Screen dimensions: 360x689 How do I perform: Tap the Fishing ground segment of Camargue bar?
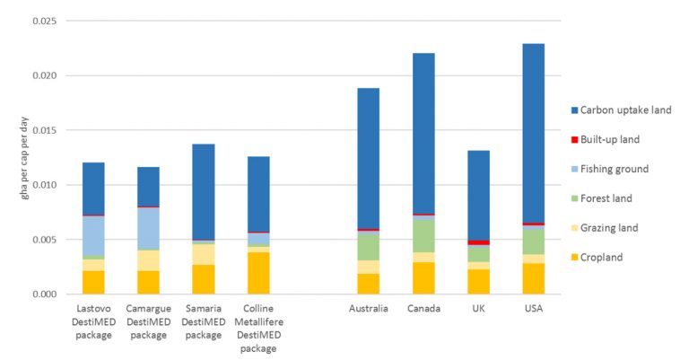tap(143, 228)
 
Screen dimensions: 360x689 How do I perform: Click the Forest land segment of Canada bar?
tap(423, 236)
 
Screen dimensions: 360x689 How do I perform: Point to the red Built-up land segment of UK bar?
tap(478, 242)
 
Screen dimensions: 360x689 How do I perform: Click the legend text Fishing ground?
tap(615, 169)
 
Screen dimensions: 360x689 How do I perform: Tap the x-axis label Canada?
tap(423, 310)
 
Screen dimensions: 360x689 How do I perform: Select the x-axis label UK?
tap(478, 310)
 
